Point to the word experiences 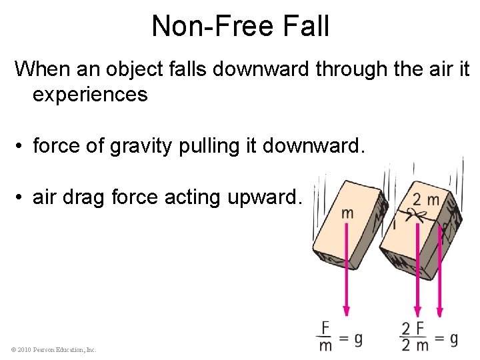point(90,94)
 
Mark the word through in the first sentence point(351,68)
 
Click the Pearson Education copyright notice point(54,349)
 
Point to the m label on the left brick point(347,213)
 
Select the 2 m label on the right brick point(426,199)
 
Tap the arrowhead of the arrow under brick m point(347,310)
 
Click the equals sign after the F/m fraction point(343,339)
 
